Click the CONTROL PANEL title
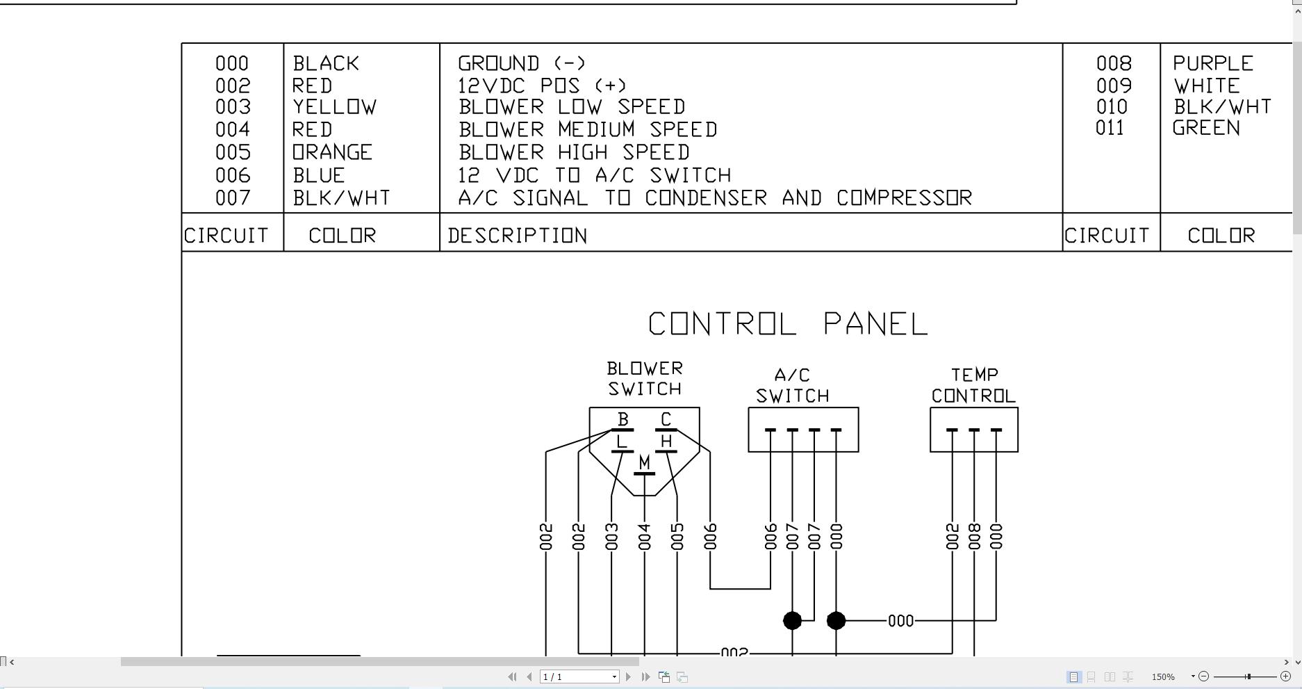(x=788, y=324)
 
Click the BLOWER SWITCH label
(x=645, y=378)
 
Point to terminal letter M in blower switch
(x=644, y=462)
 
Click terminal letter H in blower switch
(x=666, y=441)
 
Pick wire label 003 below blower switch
(x=611, y=537)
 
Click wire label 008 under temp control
(x=974, y=537)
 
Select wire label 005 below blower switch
(x=677, y=537)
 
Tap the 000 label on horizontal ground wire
(x=900, y=621)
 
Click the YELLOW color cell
(x=334, y=107)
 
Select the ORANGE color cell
(x=332, y=152)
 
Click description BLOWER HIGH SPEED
(x=574, y=152)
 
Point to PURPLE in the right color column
(x=1212, y=63)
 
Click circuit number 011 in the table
(x=1110, y=128)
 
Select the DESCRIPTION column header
(x=518, y=236)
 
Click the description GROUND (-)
(x=522, y=63)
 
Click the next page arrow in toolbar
(x=629, y=676)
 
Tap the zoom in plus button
(x=1285, y=676)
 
